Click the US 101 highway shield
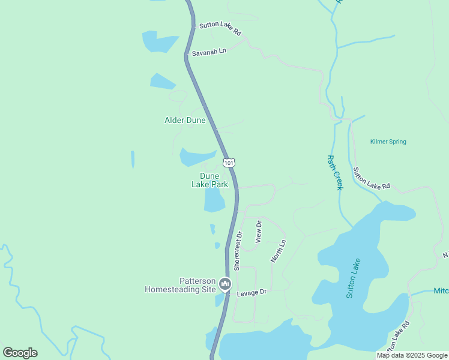229,162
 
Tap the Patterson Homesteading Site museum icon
225,284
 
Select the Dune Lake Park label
209,180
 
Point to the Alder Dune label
185,120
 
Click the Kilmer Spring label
388,142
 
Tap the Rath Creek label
334,172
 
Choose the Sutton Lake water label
354,278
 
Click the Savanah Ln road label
209,52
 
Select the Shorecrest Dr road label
237,251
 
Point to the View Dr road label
259,231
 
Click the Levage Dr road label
251,292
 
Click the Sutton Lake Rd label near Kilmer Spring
372,178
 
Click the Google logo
20,353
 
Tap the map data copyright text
412,355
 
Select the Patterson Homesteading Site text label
180,284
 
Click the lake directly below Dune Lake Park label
214,200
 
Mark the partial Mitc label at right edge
441,291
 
